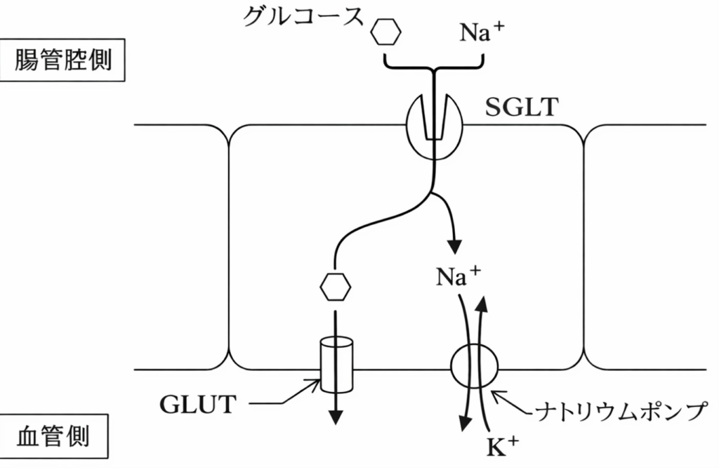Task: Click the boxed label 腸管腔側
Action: [x=62, y=60]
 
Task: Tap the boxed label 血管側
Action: [x=53, y=437]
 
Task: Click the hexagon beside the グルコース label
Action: [x=385, y=31]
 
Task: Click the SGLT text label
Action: [x=521, y=108]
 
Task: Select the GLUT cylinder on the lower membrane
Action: [x=335, y=365]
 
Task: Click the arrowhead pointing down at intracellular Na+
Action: [x=455, y=247]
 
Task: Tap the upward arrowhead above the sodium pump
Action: [x=482, y=304]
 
